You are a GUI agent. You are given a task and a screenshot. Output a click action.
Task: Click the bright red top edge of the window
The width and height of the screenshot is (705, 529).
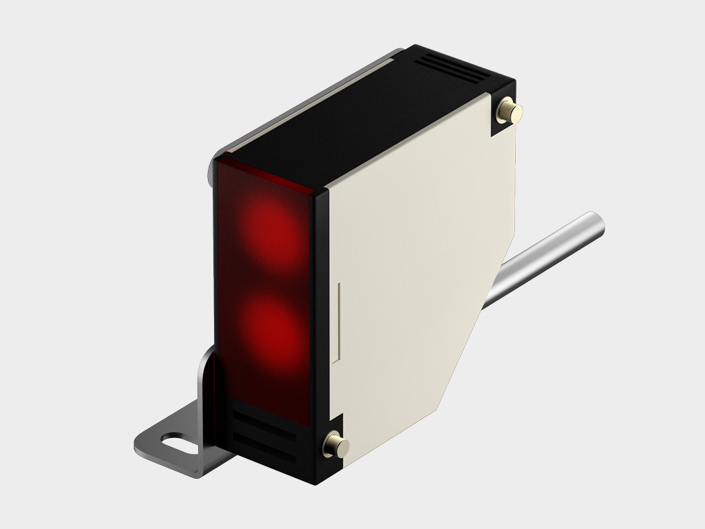(265, 172)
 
